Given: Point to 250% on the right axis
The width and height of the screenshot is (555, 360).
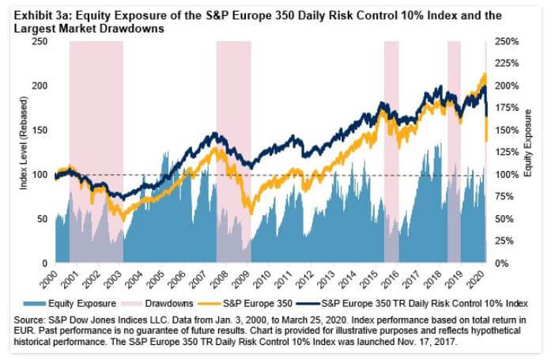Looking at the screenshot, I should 506,41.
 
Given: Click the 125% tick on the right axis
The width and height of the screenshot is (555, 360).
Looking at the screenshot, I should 506,152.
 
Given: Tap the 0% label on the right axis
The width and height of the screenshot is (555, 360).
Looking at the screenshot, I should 501,263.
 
